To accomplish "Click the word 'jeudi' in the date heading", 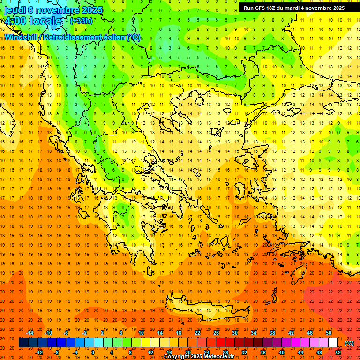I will pos(15,10).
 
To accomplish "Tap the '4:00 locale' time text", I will pos(33,21).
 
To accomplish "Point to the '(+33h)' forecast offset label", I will pos(81,21).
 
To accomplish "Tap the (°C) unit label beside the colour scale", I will pos(349,343).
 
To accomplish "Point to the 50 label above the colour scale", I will pos(329,333).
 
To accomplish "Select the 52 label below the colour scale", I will pos(337,352).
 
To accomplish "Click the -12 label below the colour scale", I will pos(39,352).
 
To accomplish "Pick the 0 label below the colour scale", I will pos(92,352).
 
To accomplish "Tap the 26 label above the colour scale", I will pos(216,333).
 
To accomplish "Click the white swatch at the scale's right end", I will pos(333,343).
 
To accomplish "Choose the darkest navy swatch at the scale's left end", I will pos(23,343).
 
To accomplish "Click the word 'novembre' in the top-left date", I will pos(58,10).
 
